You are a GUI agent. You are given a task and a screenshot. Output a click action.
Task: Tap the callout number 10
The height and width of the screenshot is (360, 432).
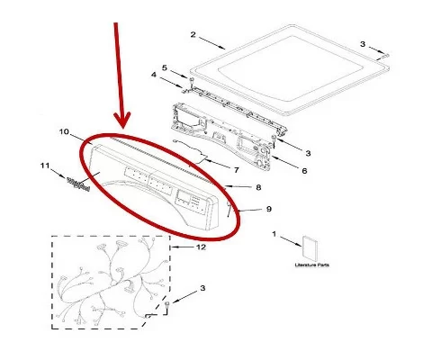pyautogui.click(x=64, y=132)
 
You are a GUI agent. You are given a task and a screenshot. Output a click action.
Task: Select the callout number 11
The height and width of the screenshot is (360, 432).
pyautogui.click(x=45, y=166)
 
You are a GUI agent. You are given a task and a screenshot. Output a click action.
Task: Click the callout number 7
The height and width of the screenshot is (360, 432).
pyautogui.click(x=237, y=168)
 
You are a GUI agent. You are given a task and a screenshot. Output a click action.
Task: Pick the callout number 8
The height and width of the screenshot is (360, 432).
pyautogui.click(x=258, y=187)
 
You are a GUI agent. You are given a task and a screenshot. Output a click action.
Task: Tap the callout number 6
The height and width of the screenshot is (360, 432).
pyautogui.click(x=303, y=170)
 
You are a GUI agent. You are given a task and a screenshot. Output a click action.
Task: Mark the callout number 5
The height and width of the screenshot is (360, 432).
pyautogui.click(x=165, y=67)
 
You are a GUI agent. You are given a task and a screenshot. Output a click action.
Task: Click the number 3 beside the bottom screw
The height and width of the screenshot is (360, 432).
pyautogui.click(x=202, y=288)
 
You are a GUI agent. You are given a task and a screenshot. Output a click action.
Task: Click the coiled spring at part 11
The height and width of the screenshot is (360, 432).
pyautogui.click(x=80, y=184)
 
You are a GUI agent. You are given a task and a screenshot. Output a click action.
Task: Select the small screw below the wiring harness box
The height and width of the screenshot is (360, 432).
pyautogui.click(x=168, y=307)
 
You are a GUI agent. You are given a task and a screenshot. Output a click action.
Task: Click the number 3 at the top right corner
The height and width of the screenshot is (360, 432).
pyautogui.click(x=363, y=43)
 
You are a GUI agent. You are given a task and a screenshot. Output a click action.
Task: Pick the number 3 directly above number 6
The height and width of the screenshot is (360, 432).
pyautogui.click(x=308, y=152)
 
